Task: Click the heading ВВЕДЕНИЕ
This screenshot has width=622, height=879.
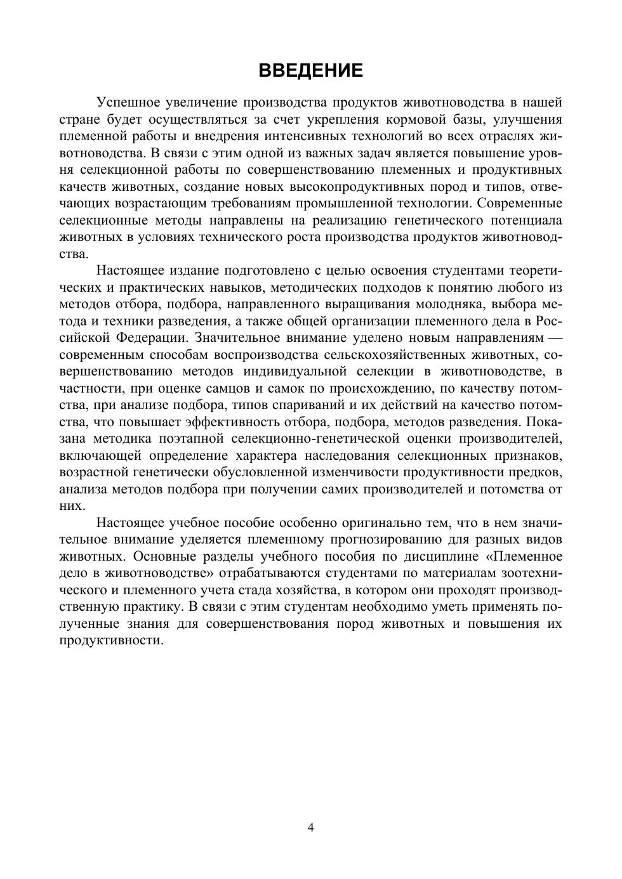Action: (311, 70)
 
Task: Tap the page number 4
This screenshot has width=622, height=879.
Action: (311, 827)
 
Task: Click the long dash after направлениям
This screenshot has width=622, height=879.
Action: (554, 337)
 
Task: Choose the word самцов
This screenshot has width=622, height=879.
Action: (248, 388)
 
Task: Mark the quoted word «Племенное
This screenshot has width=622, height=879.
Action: (524, 556)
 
